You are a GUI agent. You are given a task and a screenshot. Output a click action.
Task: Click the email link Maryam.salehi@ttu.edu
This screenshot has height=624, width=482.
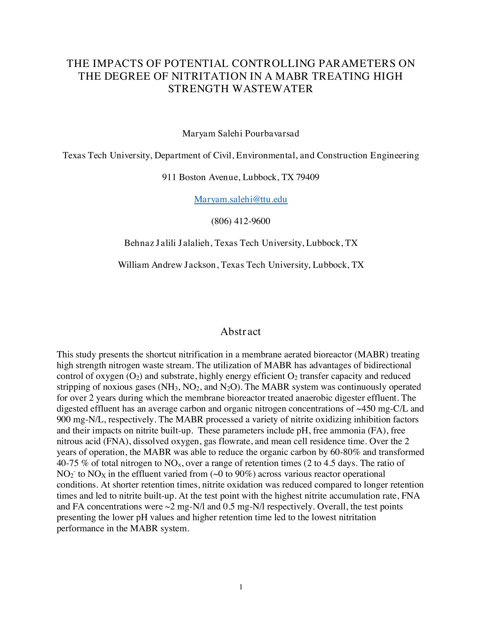coord(241,199)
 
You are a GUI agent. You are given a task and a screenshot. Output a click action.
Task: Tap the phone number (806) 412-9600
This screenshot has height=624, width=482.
coord(241,221)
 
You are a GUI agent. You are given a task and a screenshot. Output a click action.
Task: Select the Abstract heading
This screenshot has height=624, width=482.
coord(241,331)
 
